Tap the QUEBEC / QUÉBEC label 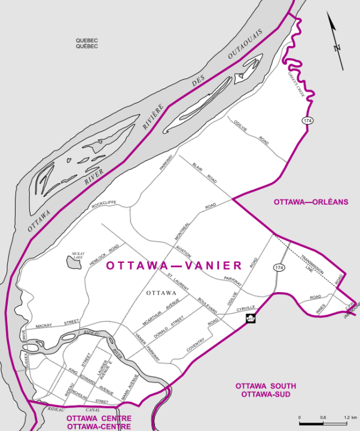pos(87,43)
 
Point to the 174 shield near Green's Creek pos(308,120)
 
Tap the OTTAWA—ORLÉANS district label pos(311,202)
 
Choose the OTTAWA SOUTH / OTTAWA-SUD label pos(266,390)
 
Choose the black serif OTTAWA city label pos(161,293)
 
